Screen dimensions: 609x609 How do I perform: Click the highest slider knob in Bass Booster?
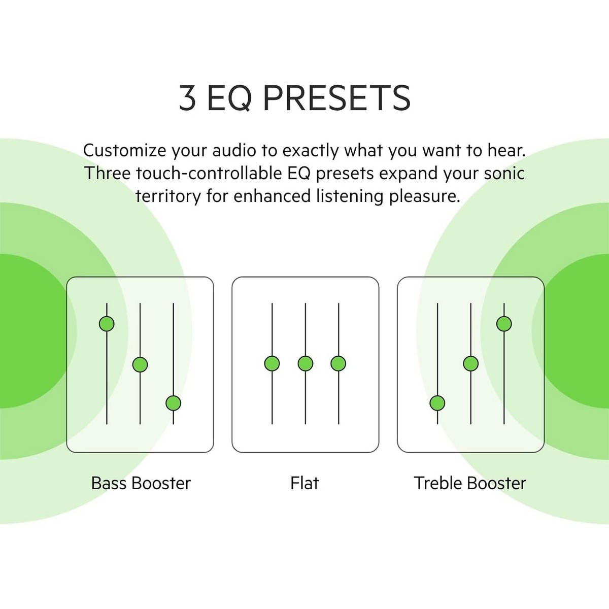(x=107, y=324)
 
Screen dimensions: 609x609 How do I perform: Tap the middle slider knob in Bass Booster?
(x=140, y=364)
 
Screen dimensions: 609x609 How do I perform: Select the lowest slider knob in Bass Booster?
(x=173, y=403)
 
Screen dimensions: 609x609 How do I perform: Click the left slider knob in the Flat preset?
(x=272, y=363)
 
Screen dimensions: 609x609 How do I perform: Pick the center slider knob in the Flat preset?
(x=306, y=363)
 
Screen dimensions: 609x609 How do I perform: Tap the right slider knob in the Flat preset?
(x=338, y=363)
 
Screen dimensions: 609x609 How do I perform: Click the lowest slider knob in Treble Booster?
(x=437, y=403)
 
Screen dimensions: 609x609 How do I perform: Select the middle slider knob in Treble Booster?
(x=470, y=363)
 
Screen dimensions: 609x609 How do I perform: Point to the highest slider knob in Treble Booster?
(x=504, y=324)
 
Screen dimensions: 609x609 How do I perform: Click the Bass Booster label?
(x=141, y=483)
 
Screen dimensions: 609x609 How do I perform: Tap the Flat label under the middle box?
(x=304, y=483)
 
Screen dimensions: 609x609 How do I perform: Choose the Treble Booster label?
(x=470, y=483)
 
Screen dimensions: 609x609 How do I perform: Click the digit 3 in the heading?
(x=187, y=98)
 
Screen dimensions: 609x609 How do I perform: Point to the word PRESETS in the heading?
(x=336, y=98)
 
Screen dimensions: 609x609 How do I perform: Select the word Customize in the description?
(x=124, y=150)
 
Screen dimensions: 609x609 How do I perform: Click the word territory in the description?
(x=168, y=196)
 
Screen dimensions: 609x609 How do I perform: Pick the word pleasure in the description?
(x=424, y=196)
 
